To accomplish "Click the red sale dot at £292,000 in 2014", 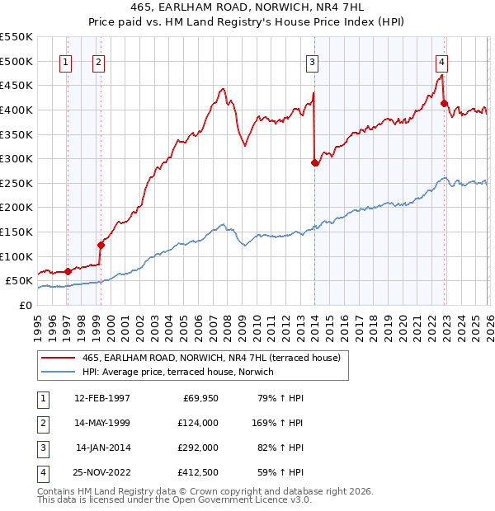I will click(314, 162).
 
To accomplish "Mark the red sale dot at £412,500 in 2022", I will click(444, 104).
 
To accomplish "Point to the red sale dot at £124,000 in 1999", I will click(101, 244).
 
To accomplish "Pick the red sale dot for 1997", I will click(68, 270).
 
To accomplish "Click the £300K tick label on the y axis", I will click(16, 158).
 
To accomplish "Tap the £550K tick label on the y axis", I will click(16, 37).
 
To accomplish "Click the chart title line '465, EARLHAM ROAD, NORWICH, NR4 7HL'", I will click(247, 7).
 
